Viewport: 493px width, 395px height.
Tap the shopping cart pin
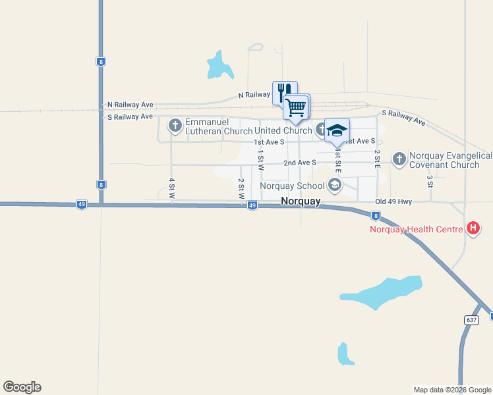click(x=296, y=106)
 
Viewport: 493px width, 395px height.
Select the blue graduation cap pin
click(x=337, y=130)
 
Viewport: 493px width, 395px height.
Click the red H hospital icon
click(x=473, y=229)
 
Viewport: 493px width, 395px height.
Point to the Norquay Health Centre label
click(x=415, y=229)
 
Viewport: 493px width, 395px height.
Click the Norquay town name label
click(x=301, y=201)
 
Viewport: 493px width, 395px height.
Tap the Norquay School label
click(x=292, y=186)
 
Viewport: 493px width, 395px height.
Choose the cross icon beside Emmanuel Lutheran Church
click(x=175, y=124)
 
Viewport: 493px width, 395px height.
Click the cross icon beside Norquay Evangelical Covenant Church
click(x=399, y=158)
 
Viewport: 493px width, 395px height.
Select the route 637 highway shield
click(x=471, y=319)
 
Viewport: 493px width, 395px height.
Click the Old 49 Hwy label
click(x=393, y=201)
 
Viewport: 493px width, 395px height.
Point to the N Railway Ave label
click(x=254, y=95)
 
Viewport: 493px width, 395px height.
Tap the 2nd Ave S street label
click(x=300, y=162)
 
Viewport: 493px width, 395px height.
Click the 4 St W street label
click(x=171, y=188)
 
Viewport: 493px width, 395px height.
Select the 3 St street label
click(x=429, y=180)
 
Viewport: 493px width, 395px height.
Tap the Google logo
click(x=22, y=387)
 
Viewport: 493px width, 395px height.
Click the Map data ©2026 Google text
click(x=452, y=390)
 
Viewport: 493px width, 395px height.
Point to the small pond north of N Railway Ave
click(x=218, y=65)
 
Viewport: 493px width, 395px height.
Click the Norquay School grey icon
click(x=335, y=185)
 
